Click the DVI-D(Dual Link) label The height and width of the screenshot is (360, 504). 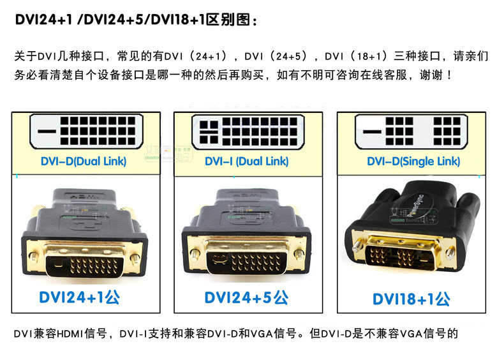coord(84,161)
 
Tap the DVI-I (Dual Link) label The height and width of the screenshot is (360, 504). coord(246,161)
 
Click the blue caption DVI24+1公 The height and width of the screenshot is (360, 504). coord(79,297)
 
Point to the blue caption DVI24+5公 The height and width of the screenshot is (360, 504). coord(246,297)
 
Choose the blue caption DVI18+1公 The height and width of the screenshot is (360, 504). coord(411,298)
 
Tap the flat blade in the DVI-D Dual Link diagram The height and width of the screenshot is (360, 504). coord(48,133)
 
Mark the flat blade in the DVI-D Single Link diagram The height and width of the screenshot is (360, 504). coord(372,133)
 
